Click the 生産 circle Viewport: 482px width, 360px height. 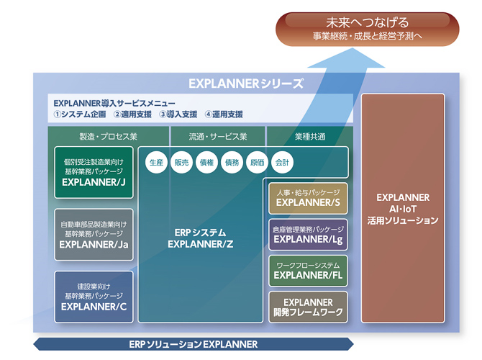coord(156,163)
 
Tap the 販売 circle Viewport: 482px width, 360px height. coord(182,163)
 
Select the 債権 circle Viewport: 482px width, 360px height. coord(207,163)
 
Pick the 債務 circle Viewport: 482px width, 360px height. coord(232,163)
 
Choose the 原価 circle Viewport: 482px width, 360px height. coord(257,163)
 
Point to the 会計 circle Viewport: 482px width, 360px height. coord(282,163)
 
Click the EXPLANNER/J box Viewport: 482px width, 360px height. coord(94,173)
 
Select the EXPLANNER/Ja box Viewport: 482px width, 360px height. coord(94,235)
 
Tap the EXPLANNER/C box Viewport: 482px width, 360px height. coord(94,297)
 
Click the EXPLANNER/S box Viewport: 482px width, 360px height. coord(308,198)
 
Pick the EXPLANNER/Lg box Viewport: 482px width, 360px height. coord(308,234)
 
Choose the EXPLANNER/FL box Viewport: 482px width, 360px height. coord(308,270)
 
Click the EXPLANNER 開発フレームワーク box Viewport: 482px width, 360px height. coord(308,307)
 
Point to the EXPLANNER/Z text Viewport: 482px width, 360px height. coord(201,244)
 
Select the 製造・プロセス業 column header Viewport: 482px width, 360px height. coord(108,136)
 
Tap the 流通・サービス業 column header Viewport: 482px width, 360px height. coord(218,136)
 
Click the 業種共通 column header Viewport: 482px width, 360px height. coord(310,136)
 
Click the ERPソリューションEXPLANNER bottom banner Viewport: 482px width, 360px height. coord(194,344)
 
